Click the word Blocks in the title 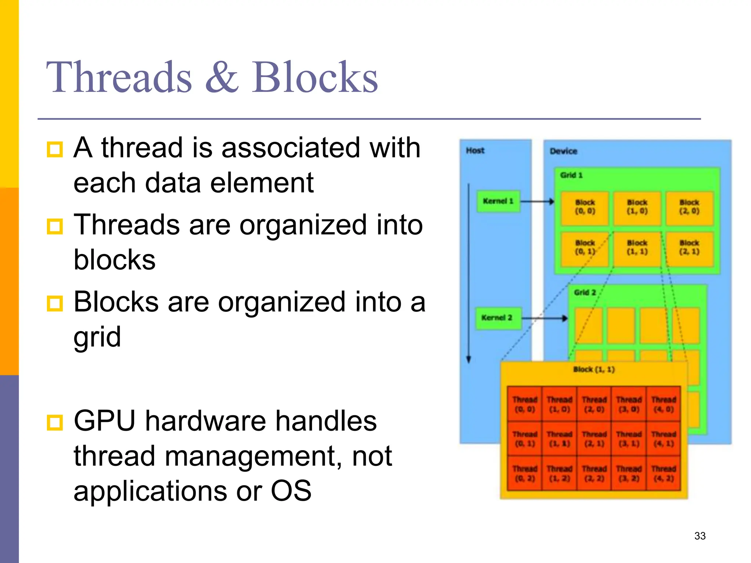point(315,78)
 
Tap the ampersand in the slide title point(221,78)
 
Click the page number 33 point(700,536)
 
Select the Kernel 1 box point(498,201)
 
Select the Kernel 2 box point(497,318)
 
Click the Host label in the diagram point(475,151)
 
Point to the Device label point(563,151)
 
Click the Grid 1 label point(571,175)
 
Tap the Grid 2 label point(585,292)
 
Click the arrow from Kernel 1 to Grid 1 point(537,201)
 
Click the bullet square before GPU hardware point(55,422)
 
